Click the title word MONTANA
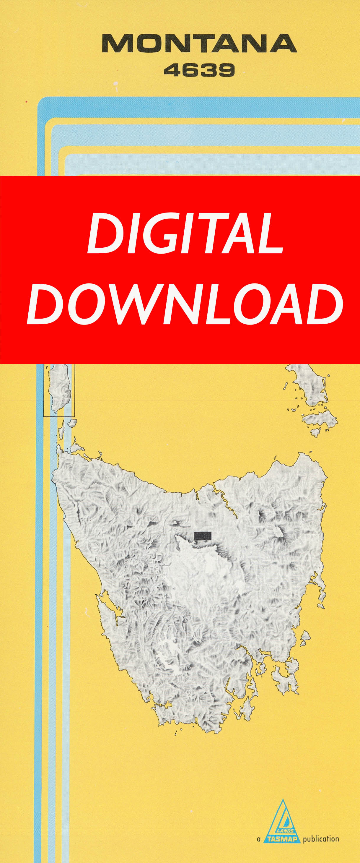tap(199, 43)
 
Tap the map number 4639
tap(199, 70)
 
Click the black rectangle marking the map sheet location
tap(203, 535)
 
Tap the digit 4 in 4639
tap(172, 70)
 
